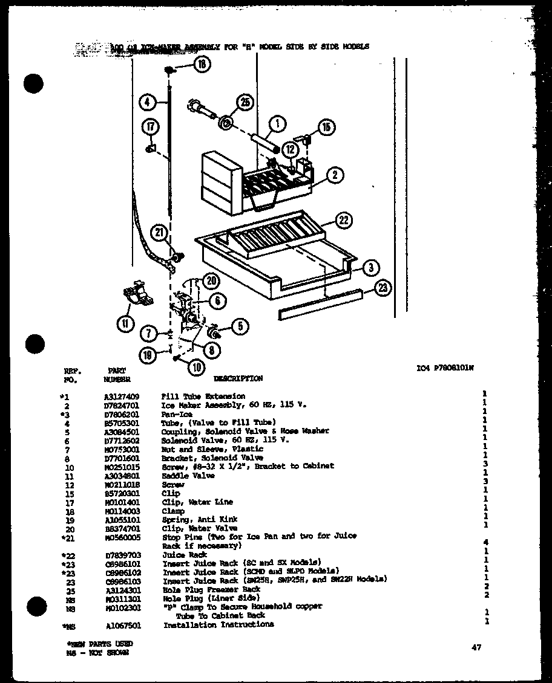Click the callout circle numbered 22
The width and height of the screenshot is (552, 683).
click(x=343, y=221)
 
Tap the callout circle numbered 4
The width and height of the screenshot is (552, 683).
click(x=148, y=102)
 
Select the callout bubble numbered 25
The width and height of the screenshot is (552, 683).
click(x=245, y=103)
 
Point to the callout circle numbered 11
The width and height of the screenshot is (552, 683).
click(x=125, y=324)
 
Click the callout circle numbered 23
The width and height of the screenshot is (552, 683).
click(x=382, y=289)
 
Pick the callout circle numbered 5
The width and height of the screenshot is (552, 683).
click(x=240, y=327)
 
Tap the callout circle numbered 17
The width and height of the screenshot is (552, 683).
click(x=149, y=127)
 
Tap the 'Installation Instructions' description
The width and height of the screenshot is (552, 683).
click(x=218, y=624)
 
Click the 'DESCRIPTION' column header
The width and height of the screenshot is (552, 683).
click(x=238, y=378)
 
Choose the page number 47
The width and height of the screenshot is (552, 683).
click(x=476, y=647)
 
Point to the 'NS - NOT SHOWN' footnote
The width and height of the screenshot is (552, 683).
click(x=97, y=652)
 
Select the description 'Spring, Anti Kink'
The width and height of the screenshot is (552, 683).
click(x=200, y=519)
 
